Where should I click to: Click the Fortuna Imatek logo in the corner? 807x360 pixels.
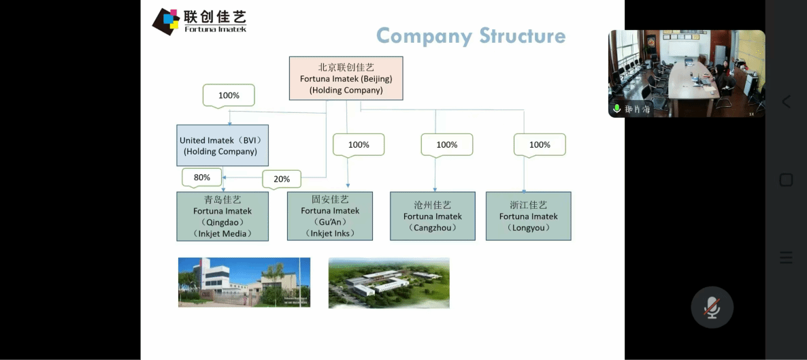coord(199,21)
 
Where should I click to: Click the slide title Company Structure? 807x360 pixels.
coord(471,35)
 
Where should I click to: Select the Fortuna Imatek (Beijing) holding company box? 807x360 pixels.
coord(346,78)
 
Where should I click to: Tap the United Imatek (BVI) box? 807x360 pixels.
coord(223,146)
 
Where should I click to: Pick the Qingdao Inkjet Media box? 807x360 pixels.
coord(223,216)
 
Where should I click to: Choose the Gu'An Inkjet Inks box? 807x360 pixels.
coord(330,216)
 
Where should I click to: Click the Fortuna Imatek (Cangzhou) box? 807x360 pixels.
coord(433,216)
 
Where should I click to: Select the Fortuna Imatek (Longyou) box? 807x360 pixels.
coord(528,216)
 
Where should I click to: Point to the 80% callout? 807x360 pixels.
coord(202,178)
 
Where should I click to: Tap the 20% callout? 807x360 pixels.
coord(282,179)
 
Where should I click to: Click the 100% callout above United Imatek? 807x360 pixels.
coord(229,95)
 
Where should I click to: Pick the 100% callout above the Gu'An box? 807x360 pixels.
coord(359,144)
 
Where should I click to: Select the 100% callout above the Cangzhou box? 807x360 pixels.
coord(447,144)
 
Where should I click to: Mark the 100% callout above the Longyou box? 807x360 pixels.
coord(540,144)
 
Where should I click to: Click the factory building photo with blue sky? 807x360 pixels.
coord(244,282)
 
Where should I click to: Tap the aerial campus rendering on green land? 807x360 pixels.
coord(389,282)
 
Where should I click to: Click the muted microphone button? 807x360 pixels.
coord(712,307)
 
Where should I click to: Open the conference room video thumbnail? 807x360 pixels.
coord(686,71)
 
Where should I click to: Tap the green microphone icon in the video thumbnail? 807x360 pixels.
coord(617,109)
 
